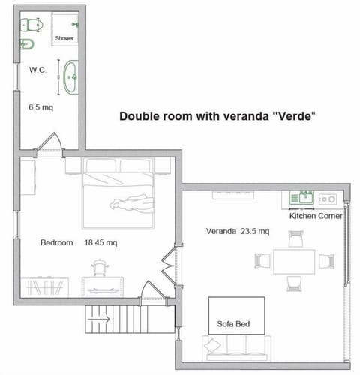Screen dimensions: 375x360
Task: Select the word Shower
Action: tap(64, 37)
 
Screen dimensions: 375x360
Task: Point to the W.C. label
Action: tap(39, 70)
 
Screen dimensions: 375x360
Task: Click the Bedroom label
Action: tap(56, 242)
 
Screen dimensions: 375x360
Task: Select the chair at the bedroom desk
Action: tap(100, 268)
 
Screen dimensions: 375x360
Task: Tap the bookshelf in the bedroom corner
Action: tap(45, 286)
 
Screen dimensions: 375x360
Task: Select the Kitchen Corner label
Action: tap(316, 216)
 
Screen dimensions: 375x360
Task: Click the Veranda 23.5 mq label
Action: tap(238, 232)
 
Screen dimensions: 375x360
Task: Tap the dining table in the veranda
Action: tap(293, 261)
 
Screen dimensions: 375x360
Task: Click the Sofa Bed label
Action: tap(232, 325)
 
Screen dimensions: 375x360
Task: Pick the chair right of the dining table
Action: tap(325, 261)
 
